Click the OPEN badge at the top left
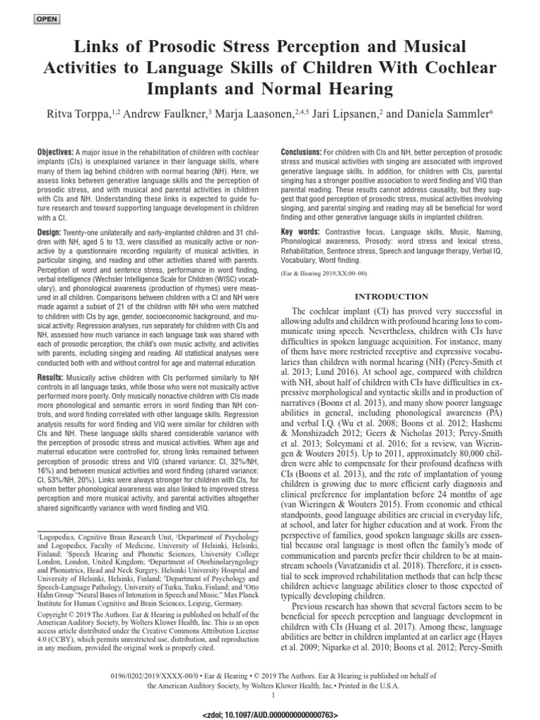pyautogui.click(x=46, y=18)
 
